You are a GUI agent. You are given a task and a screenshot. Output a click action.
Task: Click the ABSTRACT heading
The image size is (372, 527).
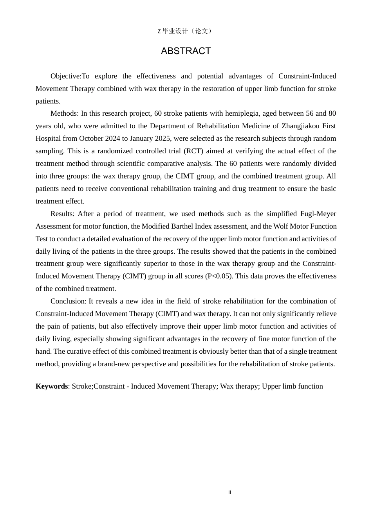186,51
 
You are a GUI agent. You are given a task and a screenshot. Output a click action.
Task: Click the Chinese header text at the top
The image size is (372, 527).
185,31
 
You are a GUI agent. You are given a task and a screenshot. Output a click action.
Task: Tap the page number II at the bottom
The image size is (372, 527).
229,492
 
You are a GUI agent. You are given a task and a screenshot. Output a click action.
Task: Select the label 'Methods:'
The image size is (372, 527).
65,113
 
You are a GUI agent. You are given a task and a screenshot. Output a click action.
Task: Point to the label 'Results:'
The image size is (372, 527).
62,214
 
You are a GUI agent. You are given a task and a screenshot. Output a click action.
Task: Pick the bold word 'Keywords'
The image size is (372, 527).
51,386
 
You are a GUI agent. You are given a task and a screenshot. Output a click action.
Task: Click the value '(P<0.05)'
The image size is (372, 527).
219,276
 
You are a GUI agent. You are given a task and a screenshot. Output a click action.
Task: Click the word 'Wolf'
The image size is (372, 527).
281,226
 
